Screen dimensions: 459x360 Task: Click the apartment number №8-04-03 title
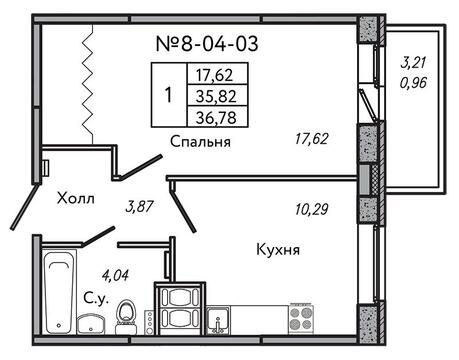coord(207,44)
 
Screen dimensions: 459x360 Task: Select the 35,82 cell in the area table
coord(217,96)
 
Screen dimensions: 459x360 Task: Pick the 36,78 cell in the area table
coord(217,117)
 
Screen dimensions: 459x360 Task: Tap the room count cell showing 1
coord(169,95)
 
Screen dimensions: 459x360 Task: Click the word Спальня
coord(200,142)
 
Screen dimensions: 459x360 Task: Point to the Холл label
coord(76,199)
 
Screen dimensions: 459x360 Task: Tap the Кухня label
coord(278,250)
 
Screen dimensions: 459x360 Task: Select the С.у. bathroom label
coord(96,299)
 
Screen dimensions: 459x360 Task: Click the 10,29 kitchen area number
coord(312,209)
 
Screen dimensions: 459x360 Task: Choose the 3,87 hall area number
coord(139,207)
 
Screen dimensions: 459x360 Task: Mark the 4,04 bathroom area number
coord(115,276)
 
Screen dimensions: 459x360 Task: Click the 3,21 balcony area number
coord(414,63)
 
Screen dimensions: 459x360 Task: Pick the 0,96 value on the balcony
coord(414,82)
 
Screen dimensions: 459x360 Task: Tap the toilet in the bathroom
coord(126,317)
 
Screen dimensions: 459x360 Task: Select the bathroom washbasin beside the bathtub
coord(90,324)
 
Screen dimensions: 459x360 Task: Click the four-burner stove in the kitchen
coord(301,318)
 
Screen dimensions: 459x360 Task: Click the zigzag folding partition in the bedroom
coord(87,84)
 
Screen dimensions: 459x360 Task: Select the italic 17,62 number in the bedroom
coord(312,139)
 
